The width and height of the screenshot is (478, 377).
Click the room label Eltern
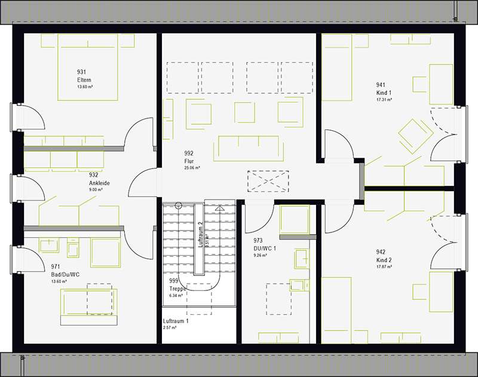84,80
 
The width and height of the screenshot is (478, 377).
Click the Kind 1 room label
383,93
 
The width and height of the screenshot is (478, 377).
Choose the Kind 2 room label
384,260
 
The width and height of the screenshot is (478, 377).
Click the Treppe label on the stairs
179,288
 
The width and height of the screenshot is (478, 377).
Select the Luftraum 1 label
176,321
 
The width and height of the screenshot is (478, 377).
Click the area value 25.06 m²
192,168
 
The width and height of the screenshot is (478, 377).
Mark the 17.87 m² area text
384,267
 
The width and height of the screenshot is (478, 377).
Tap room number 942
381,252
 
